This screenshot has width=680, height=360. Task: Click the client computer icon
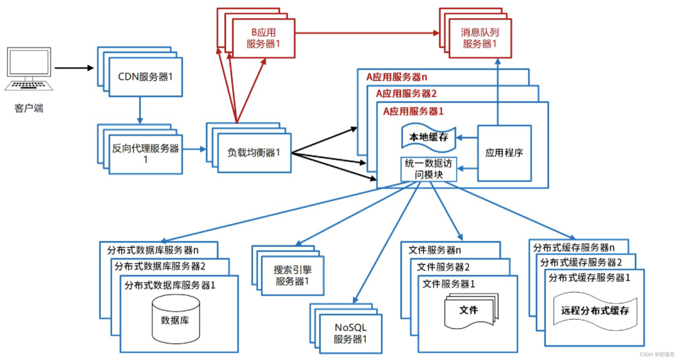pos(29,69)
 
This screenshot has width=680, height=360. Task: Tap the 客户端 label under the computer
pos(29,108)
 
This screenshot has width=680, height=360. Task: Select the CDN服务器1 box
pos(146,77)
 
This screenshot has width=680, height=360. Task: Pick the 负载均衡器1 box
pos(254,153)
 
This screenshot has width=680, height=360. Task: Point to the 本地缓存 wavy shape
pos(428,137)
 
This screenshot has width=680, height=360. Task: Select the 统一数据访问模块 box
pos(428,169)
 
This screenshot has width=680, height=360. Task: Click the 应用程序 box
pos(504,153)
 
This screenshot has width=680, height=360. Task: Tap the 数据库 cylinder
pos(175,319)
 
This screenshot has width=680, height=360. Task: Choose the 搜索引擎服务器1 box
pos(292,275)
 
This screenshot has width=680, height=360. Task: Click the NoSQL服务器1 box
pos(351,333)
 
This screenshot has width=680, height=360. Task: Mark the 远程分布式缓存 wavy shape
pos(595,311)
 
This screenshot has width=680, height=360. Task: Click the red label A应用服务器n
pos(396,77)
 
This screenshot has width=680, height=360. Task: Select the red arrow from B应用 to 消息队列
pos(367,33)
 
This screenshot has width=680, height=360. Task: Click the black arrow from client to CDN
pos(74,68)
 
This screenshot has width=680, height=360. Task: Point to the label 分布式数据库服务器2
pos(160,266)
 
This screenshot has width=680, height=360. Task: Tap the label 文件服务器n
pos(434,250)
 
